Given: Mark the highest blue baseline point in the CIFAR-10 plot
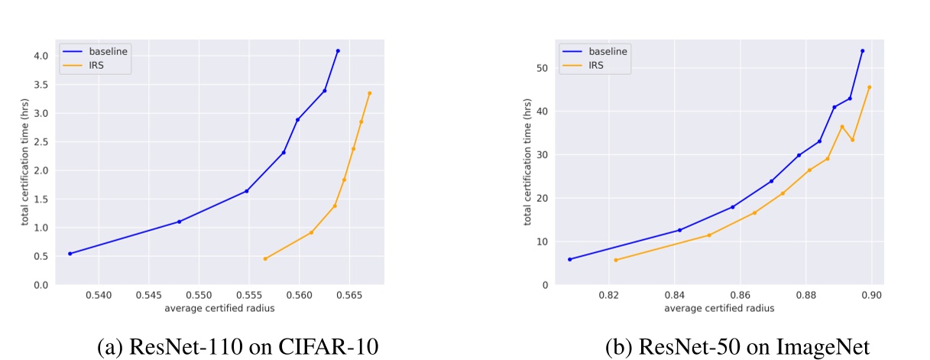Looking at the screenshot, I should tap(338, 50).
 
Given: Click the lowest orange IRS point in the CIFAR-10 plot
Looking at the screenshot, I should tap(265, 258).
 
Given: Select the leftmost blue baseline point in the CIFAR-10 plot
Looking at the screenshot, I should tap(70, 254).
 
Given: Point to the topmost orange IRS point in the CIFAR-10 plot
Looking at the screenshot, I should tap(369, 93).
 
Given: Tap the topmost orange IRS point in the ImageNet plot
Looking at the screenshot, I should tap(869, 87).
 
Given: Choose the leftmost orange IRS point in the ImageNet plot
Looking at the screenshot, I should tap(616, 260).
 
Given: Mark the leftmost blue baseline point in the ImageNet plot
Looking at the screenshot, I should tap(569, 259).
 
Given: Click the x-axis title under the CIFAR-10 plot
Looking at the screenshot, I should tap(219, 308).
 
